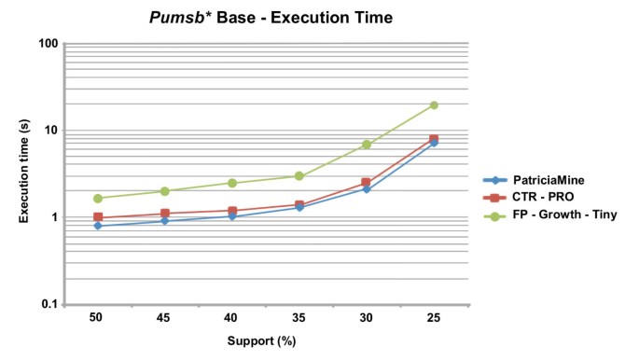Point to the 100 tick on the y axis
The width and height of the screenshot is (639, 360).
pyautogui.click(x=49, y=44)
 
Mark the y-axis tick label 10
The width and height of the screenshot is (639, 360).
pyautogui.click(x=51, y=131)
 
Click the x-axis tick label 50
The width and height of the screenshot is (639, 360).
pyautogui.click(x=97, y=319)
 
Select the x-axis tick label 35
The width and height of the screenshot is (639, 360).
pyautogui.click(x=299, y=319)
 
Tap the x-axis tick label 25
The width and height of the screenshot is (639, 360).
pyautogui.click(x=434, y=319)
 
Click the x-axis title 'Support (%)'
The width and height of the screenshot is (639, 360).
pyautogui.click(x=265, y=342)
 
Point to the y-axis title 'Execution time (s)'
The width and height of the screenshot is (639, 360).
pyautogui.click(x=22, y=173)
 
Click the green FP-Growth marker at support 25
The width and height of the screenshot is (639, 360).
pyautogui.click(x=434, y=105)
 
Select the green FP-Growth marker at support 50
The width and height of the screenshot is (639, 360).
pyautogui.click(x=97, y=199)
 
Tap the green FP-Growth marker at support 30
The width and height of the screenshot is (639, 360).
pyautogui.click(x=367, y=145)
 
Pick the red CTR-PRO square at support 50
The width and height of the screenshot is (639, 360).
pyautogui.click(x=97, y=217)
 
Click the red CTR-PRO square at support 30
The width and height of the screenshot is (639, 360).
pyautogui.click(x=367, y=183)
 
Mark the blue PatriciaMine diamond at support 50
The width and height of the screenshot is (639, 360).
pyautogui.click(x=97, y=226)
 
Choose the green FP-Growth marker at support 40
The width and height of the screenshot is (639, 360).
pyautogui.click(x=232, y=183)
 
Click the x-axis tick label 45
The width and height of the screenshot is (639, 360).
pyautogui.click(x=164, y=319)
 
